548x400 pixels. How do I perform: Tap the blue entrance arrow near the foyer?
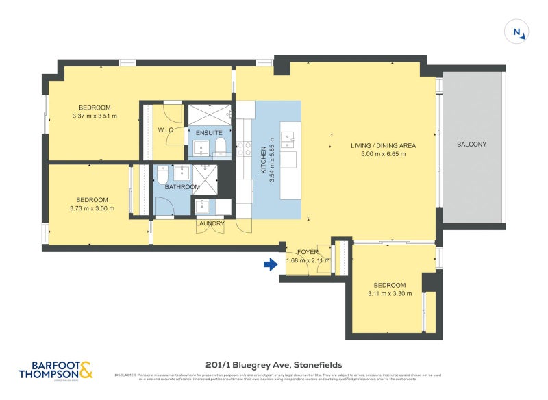270,264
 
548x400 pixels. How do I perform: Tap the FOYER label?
308,252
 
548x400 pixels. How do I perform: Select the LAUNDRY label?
210,223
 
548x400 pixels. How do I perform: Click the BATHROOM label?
182,187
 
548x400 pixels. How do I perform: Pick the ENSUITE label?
208,132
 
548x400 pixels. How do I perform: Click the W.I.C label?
167,130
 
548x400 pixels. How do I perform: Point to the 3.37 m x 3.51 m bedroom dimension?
95,116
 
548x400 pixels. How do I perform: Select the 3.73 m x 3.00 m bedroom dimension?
92,208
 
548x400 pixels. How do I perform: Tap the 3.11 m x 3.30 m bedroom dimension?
389,294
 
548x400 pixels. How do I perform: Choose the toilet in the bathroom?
162,177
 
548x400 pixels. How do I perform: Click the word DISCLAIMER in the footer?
125,375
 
